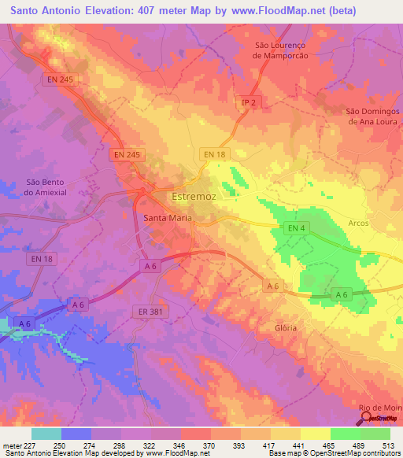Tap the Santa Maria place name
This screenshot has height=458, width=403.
click(x=168, y=218)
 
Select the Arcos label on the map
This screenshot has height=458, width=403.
click(x=359, y=223)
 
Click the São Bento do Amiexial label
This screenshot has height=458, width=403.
click(x=28, y=187)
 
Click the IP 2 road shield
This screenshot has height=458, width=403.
click(x=249, y=103)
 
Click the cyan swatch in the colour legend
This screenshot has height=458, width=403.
click(x=46, y=434)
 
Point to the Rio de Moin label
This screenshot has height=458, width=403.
click(x=380, y=407)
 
